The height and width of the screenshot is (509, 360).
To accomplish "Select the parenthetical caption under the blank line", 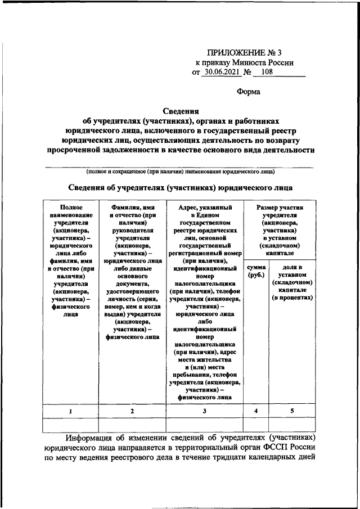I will (181, 172).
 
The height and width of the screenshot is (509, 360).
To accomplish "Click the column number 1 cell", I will (70, 411).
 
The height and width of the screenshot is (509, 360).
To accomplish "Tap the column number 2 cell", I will (132, 411).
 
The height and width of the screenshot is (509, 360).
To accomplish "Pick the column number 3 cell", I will (205, 411).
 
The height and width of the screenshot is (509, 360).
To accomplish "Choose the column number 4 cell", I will (256, 411).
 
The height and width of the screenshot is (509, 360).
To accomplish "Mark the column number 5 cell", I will (292, 411).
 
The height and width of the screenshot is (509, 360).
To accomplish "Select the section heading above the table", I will (181, 188).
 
